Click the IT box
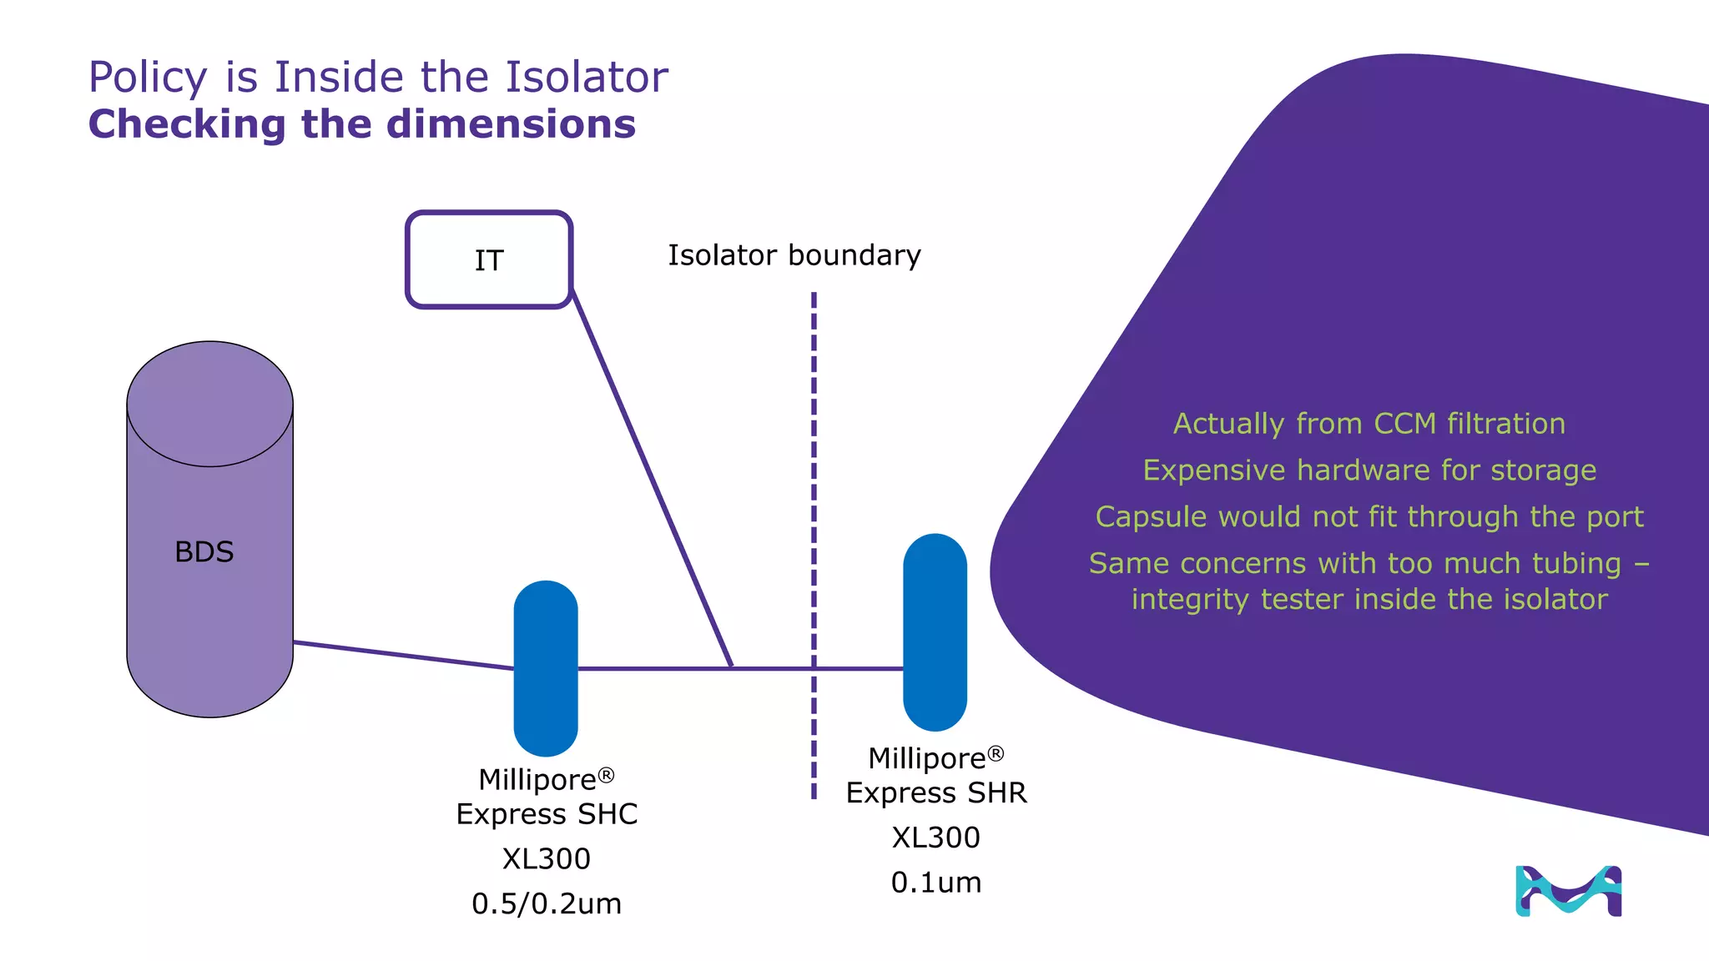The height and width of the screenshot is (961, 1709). pos(489,259)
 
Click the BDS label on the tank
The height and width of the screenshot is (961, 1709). pos(204,551)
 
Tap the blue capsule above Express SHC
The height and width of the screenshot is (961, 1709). pos(546,667)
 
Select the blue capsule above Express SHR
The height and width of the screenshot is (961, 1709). pos(935,631)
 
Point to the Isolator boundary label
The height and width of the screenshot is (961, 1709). pos(794,255)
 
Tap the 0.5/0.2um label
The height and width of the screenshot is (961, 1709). pos(547,903)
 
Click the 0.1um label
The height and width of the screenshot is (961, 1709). pos(935,883)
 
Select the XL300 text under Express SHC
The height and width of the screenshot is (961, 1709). pos(547,858)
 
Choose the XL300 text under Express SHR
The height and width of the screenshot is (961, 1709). pos(935,838)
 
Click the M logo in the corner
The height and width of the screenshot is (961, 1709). pos(1568,891)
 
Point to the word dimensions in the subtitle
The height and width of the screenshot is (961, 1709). pos(511,124)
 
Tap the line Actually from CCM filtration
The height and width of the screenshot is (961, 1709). pos(1369,424)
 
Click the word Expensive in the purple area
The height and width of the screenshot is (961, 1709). pos(1214,470)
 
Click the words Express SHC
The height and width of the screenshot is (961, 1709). pos(547,814)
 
